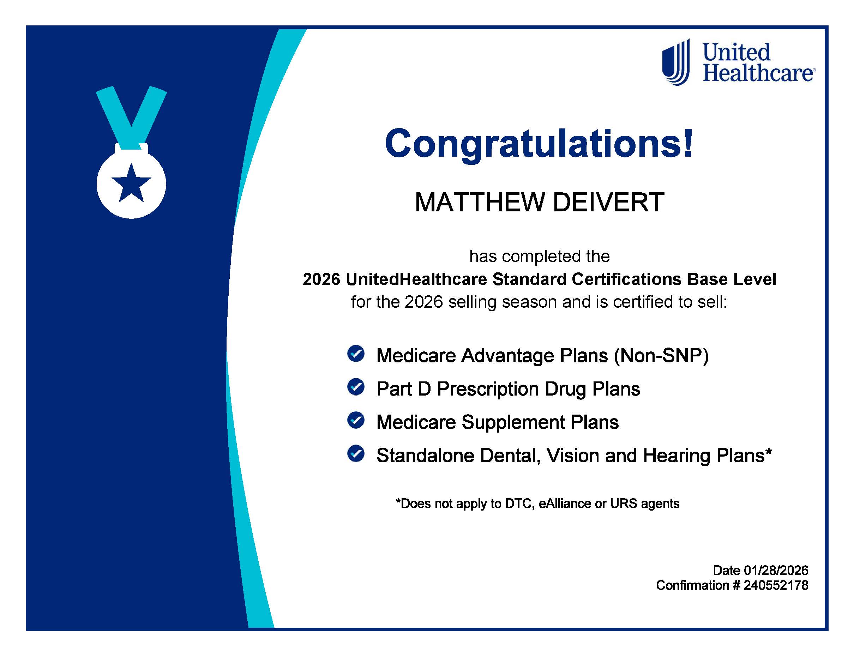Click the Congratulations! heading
539,144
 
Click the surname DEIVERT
608,203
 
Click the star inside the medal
131,184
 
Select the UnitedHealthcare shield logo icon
676,62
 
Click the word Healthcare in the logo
758,73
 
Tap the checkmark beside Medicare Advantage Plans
355,354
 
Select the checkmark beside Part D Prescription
355,387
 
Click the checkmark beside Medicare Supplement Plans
355,420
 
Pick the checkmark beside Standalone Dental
355,454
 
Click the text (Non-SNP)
661,355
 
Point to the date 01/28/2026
776,571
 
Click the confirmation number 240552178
776,585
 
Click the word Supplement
513,422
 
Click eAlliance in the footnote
564,504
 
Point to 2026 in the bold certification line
321,279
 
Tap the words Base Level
731,279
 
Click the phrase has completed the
539,257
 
